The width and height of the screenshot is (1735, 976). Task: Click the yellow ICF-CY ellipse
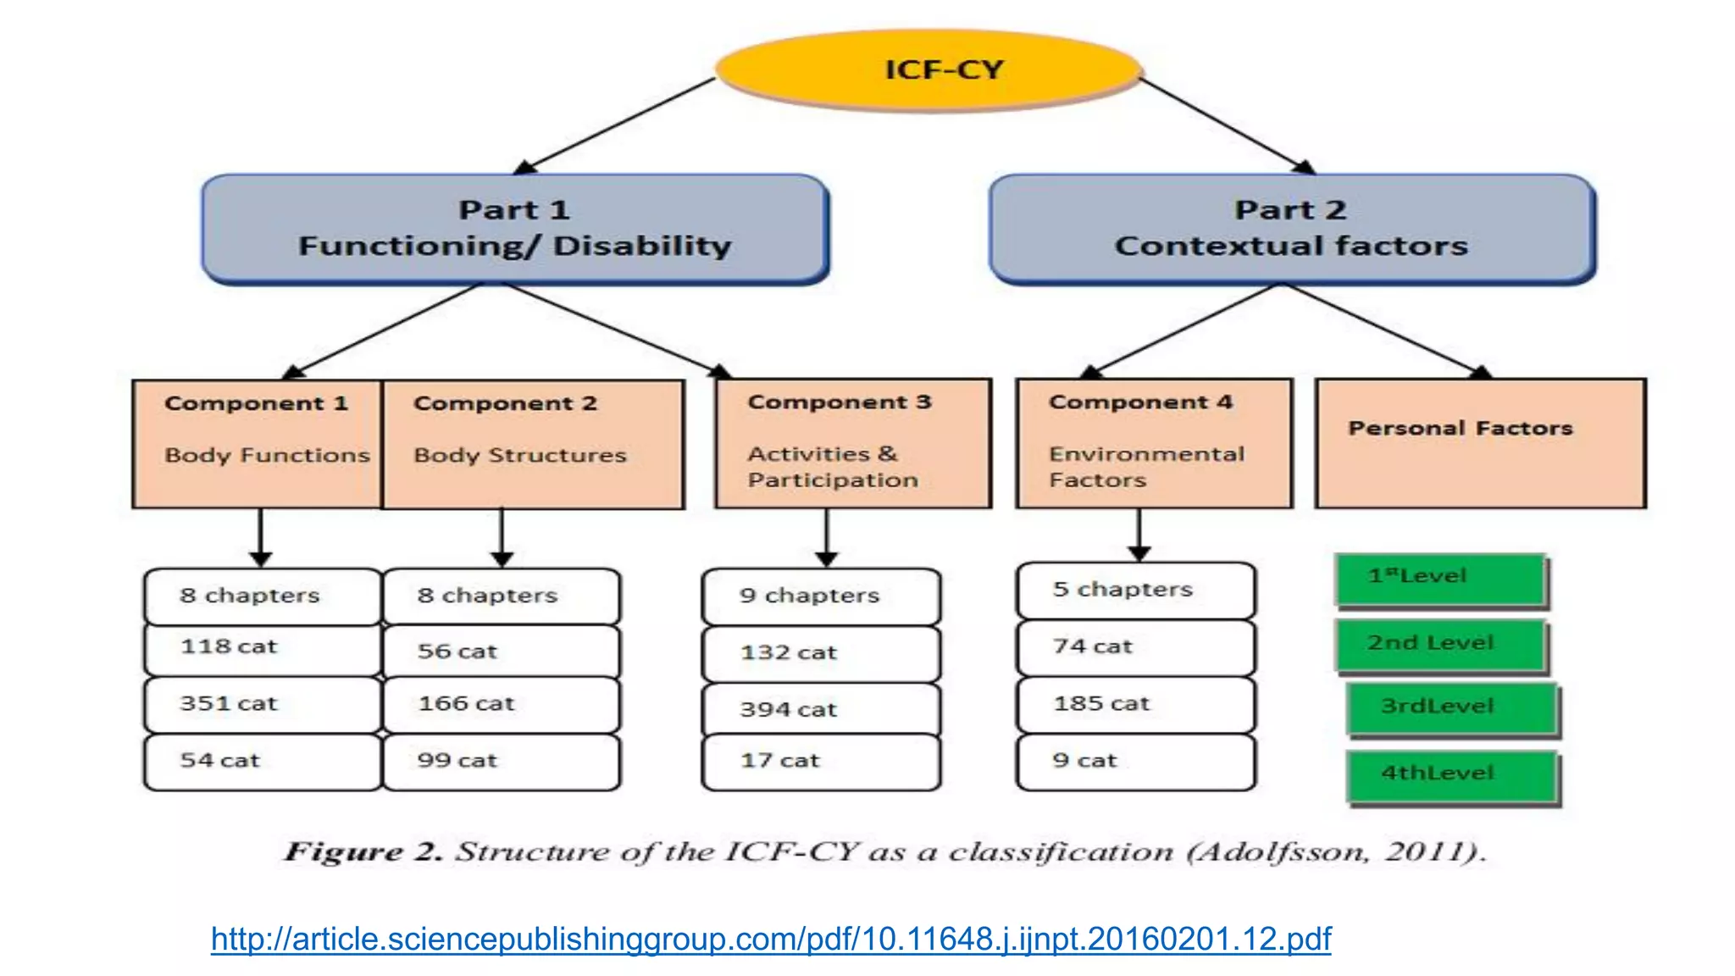point(928,69)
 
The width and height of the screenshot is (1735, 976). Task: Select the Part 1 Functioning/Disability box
point(515,228)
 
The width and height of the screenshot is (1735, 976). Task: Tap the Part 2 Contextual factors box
point(1291,228)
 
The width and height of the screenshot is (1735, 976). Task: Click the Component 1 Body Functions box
point(258,443)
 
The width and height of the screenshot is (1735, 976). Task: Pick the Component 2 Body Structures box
point(533,443)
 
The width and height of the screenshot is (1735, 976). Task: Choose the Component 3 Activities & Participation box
point(852,443)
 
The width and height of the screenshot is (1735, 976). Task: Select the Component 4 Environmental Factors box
point(1154,443)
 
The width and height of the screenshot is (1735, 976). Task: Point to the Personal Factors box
point(1480,443)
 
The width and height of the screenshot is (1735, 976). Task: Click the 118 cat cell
point(263,648)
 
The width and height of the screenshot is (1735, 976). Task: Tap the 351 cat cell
point(263,704)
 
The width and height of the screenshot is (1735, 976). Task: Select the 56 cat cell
point(502,651)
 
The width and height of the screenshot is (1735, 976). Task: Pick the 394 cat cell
point(821,709)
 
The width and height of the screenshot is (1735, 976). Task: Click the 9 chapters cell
point(821,596)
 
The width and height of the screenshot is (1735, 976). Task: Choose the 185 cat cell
point(1135,704)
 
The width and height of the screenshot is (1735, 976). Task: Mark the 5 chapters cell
point(1135,590)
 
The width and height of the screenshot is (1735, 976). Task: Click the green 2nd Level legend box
point(1441,644)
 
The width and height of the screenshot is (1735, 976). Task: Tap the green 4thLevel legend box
point(1452,774)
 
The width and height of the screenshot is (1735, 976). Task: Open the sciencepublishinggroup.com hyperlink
point(771,939)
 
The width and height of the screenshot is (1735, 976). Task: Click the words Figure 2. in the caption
point(363,851)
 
